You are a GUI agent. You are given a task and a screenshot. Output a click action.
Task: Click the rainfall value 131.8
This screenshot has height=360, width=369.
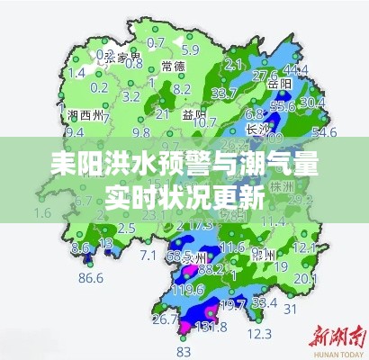[212, 327]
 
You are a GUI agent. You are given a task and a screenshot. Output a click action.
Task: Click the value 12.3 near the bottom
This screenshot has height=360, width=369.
[259, 334]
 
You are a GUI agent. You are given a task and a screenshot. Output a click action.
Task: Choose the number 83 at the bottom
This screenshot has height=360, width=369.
[184, 350]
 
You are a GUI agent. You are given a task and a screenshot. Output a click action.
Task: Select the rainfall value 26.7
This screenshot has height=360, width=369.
[165, 319]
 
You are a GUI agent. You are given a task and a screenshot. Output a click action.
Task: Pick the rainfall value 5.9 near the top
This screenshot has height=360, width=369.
[190, 49]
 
